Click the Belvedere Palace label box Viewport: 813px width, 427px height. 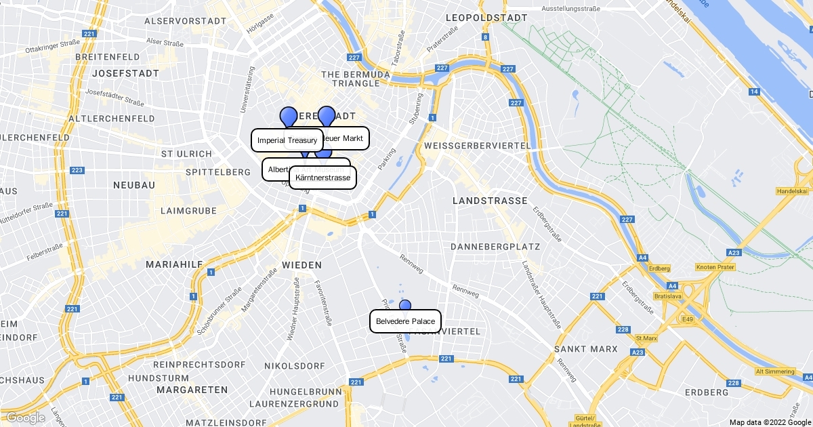point(405,321)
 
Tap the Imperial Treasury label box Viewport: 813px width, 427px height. point(287,140)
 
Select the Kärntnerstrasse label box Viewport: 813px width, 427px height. point(322,178)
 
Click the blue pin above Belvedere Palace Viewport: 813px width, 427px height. point(405,305)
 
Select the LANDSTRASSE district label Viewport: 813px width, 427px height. point(490,201)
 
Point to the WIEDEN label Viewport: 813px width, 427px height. point(301,264)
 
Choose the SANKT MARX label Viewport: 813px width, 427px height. point(586,349)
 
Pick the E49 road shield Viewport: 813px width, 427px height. point(688,319)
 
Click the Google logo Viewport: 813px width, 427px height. point(26,418)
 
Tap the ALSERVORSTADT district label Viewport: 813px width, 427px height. point(185,21)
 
